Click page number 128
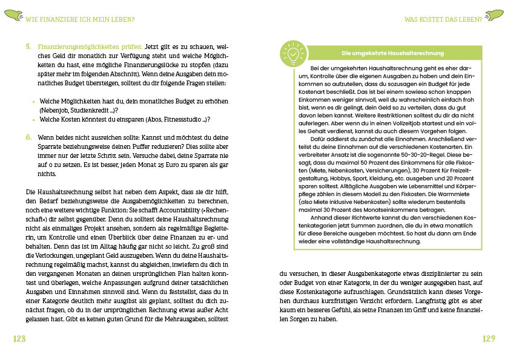pos(19,338)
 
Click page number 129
pos(488,338)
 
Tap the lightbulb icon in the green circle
pos(292,53)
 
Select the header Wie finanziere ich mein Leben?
pos(79,19)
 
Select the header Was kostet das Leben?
pos(443,19)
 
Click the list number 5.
pos(29,46)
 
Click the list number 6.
pos(29,137)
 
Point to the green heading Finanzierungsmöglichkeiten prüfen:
pos(90,46)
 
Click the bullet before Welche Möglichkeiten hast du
pos(33,101)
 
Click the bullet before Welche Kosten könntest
pos(33,120)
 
